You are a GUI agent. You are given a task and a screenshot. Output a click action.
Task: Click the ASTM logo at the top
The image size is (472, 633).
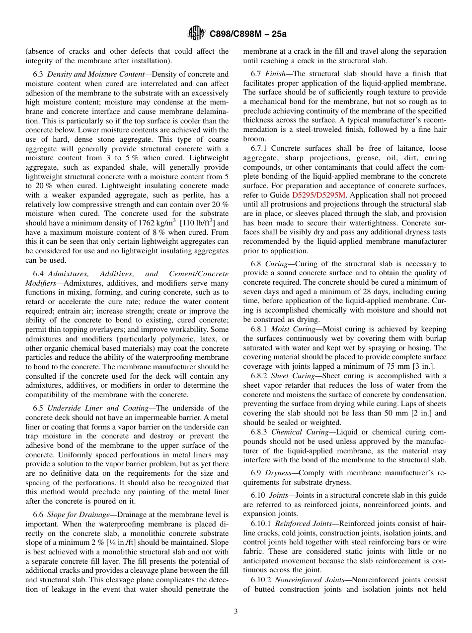tap(196, 34)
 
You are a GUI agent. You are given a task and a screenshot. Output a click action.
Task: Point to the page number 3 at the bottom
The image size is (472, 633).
tap(236, 612)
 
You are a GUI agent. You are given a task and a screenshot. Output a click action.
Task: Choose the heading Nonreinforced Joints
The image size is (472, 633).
tap(305, 580)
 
